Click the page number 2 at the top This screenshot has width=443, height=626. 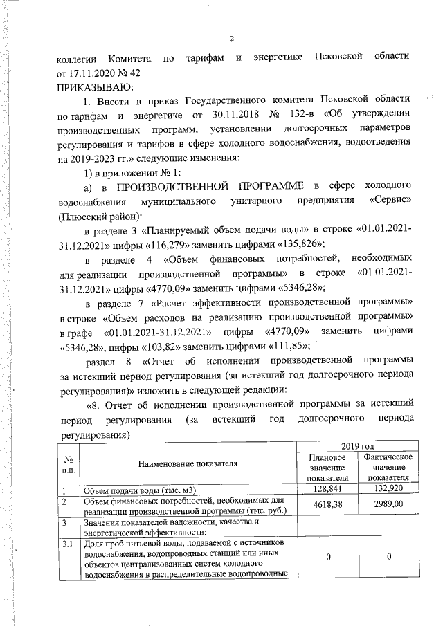[x=233, y=39]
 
